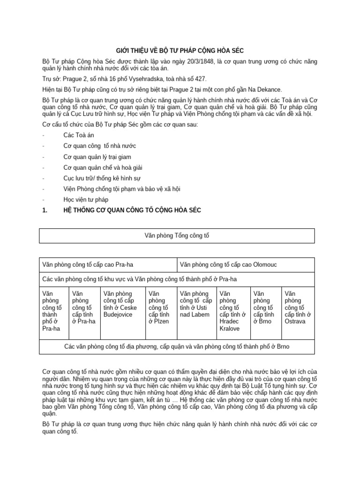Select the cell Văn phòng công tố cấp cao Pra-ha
coord(109,265)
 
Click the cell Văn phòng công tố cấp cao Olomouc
coord(248,265)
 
